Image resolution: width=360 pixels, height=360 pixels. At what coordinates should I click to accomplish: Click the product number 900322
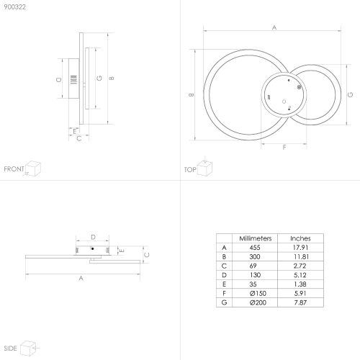coord(15,7)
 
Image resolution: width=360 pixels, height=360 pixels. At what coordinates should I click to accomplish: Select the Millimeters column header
coord(256,238)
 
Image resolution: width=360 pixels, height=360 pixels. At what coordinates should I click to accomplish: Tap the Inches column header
coord(300,238)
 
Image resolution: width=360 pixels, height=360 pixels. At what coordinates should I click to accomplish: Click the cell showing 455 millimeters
coord(255,248)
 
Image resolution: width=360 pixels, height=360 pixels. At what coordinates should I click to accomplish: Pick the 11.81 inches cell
coord(301,257)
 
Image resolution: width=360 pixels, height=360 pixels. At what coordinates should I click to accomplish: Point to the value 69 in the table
coord(253,266)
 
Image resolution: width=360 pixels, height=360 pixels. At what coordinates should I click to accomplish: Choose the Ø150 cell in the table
coord(258,293)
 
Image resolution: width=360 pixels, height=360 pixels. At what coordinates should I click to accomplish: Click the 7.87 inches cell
coord(300,302)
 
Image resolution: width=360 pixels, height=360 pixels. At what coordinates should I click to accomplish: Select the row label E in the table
coord(224,284)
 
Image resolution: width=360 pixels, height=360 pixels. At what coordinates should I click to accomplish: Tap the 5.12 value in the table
coord(300,275)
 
